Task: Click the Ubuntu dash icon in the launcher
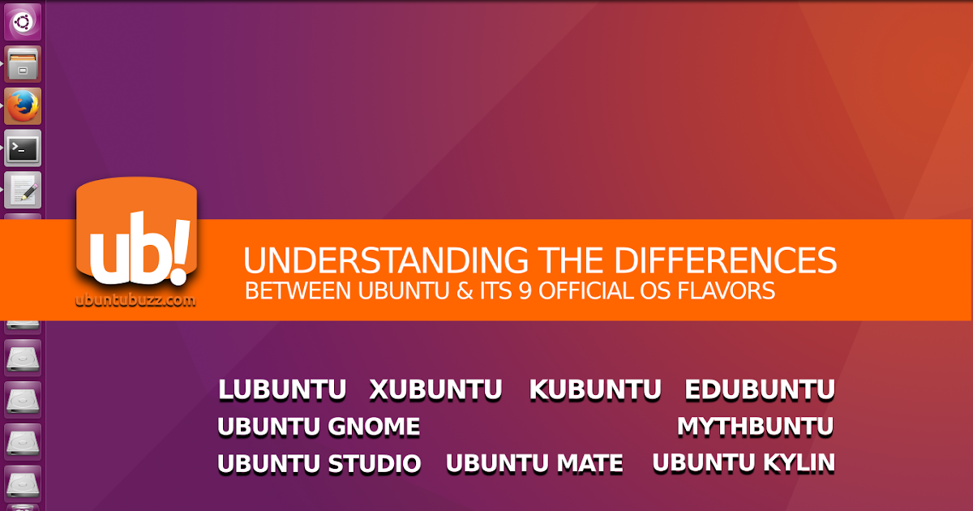pos(23,22)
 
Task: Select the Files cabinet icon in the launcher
pos(23,64)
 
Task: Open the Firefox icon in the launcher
pos(23,105)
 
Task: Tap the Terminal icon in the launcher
pos(23,148)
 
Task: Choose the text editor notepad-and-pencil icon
pos(23,190)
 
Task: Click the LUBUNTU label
pos(282,390)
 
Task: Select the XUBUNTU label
pos(435,390)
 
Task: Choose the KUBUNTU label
pos(595,390)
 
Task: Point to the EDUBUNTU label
pos(759,390)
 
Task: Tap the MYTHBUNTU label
pos(755,427)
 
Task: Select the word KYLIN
pos(799,463)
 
